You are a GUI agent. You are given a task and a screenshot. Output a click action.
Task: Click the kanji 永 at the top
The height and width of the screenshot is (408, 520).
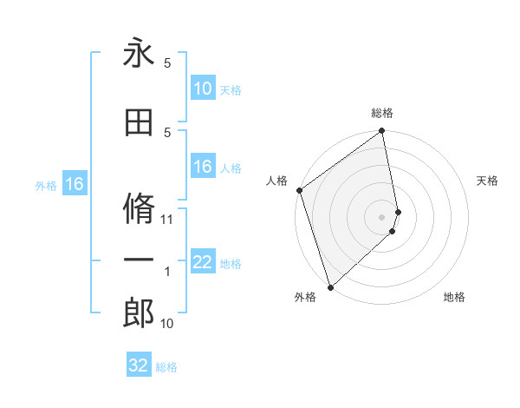tap(139, 53)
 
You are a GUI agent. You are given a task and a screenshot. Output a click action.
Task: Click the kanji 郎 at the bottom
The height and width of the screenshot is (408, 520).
tap(139, 315)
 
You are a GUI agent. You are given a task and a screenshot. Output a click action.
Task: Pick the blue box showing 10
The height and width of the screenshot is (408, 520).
tap(203, 89)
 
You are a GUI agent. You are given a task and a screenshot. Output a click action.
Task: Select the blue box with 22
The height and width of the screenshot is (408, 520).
tap(203, 263)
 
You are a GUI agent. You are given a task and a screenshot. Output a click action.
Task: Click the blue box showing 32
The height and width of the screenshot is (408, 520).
tap(139, 365)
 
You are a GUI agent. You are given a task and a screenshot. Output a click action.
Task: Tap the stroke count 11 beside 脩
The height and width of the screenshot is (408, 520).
tap(167, 220)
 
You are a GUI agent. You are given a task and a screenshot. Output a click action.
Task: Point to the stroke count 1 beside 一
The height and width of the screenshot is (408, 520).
tap(167, 273)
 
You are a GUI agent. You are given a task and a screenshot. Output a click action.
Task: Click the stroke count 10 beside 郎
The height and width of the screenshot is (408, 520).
tap(167, 325)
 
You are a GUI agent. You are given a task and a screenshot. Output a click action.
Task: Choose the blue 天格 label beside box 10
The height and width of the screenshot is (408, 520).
tap(231, 89)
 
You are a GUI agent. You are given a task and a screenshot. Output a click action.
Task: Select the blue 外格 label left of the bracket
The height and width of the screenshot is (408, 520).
tap(46, 185)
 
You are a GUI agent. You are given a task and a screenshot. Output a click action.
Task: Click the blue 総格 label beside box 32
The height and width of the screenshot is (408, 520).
tap(166, 367)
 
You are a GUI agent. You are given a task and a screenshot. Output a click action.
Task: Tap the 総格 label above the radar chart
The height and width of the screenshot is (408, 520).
tap(382, 113)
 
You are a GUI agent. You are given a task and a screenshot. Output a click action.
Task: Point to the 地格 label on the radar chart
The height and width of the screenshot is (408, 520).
tap(454, 297)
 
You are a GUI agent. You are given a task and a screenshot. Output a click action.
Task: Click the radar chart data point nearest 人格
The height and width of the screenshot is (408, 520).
tap(299, 190)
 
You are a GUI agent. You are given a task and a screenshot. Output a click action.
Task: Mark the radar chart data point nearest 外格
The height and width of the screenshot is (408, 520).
tap(330, 286)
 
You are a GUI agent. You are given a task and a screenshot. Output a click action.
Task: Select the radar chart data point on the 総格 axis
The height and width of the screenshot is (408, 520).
tap(382, 132)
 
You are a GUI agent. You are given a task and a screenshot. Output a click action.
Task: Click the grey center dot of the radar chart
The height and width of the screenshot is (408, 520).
tap(382, 216)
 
